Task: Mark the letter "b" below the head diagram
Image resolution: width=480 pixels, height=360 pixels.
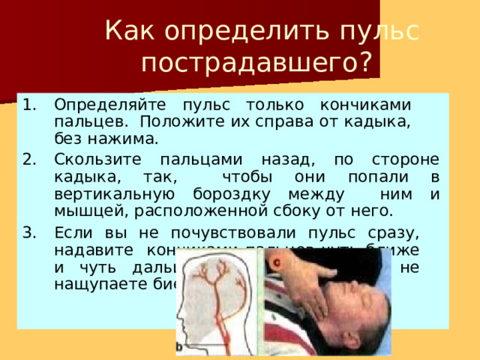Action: tap(179, 346)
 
